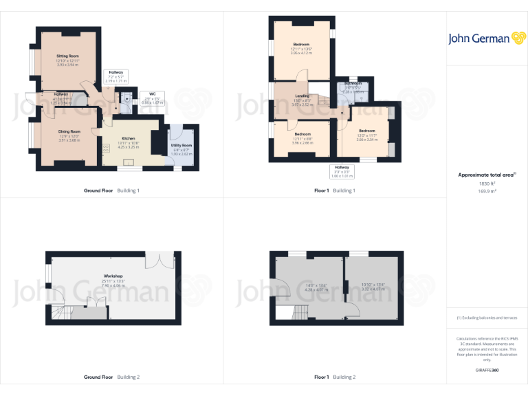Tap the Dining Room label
pos(69,131)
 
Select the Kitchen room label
pos(129,138)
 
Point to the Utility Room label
pos(182,146)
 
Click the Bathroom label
pos(354,83)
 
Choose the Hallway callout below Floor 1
pos(342,170)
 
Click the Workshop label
pos(113,276)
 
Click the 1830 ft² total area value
pos(487,184)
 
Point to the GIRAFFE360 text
pos(487,371)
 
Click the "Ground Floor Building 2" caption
pos(112,377)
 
